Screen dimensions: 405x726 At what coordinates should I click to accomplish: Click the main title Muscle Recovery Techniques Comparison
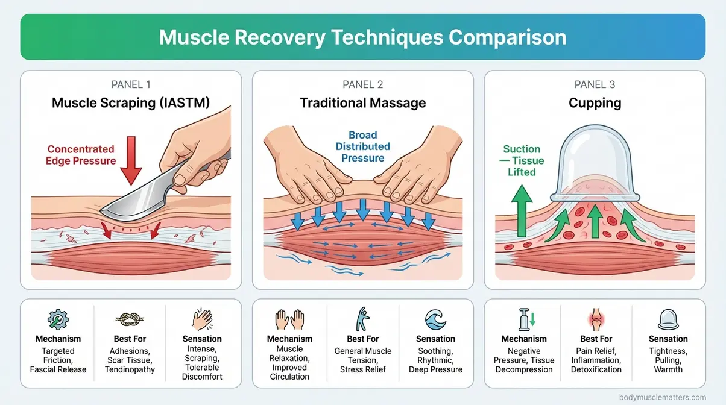pos(362,37)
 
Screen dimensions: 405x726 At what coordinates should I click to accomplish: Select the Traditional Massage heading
pos(362,103)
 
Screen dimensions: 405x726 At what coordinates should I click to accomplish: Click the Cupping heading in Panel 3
pos(595,103)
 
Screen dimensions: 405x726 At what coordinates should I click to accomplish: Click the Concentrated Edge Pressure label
pos(81,155)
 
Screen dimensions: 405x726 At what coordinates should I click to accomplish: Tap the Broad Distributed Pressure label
pos(362,146)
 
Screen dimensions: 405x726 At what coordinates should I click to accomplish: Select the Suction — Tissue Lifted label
pos(522,160)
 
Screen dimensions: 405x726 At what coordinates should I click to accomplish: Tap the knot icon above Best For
pos(130,320)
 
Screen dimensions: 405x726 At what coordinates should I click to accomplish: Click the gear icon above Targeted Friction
pos(58,320)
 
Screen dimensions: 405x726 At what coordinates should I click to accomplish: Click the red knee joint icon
pos(596,320)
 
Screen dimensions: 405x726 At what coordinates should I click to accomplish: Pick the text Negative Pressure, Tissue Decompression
pos(524,360)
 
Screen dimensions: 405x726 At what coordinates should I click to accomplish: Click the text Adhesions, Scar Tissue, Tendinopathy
pos(130,360)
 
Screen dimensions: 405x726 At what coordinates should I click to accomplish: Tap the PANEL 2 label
pos(362,84)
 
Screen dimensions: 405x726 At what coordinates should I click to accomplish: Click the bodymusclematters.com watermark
pos(663,397)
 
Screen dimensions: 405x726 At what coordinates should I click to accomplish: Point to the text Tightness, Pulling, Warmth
pos(668,360)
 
